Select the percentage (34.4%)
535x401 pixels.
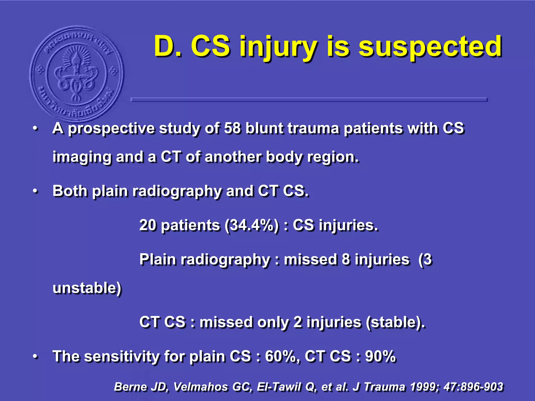(x=252, y=225)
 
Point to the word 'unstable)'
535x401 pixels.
(x=87, y=288)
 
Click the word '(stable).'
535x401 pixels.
(x=395, y=322)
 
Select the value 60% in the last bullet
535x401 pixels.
(x=280, y=356)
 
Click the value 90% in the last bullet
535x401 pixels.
(x=380, y=356)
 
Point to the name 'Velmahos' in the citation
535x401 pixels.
(x=200, y=387)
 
